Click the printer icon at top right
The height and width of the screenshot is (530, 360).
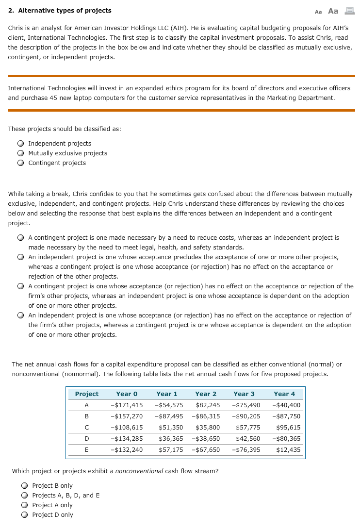(349, 11)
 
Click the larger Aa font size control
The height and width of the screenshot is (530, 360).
(333, 11)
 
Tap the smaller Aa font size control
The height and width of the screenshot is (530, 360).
(318, 11)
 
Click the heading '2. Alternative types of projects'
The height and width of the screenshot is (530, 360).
(60, 11)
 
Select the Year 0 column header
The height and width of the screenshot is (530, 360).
(127, 394)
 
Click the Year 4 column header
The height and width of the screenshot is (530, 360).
(284, 394)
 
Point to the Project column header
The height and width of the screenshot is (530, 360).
(86, 394)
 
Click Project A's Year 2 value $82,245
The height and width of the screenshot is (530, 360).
(207, 405)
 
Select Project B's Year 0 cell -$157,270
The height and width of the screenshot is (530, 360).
(127, 416)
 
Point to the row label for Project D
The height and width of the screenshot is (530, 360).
(86, 439)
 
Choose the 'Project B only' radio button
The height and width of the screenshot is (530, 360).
(25, 486)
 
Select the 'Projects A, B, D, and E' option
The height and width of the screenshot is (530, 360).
(25, 496)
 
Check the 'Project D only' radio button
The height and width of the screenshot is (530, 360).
(25, 515)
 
